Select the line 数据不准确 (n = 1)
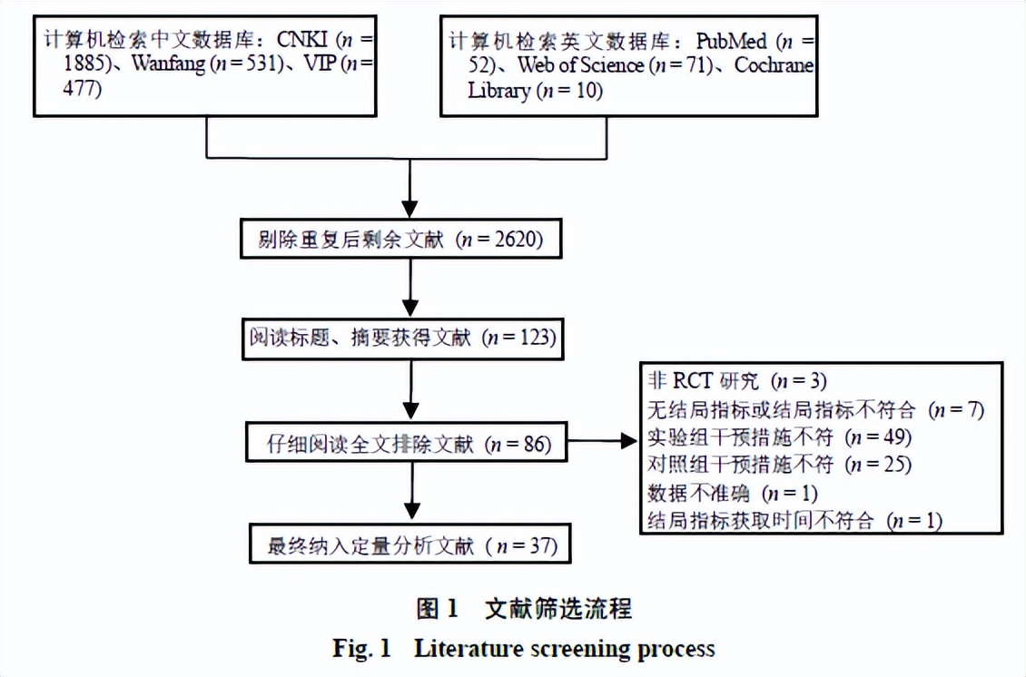pyautogui.click(x=732, y=493)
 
